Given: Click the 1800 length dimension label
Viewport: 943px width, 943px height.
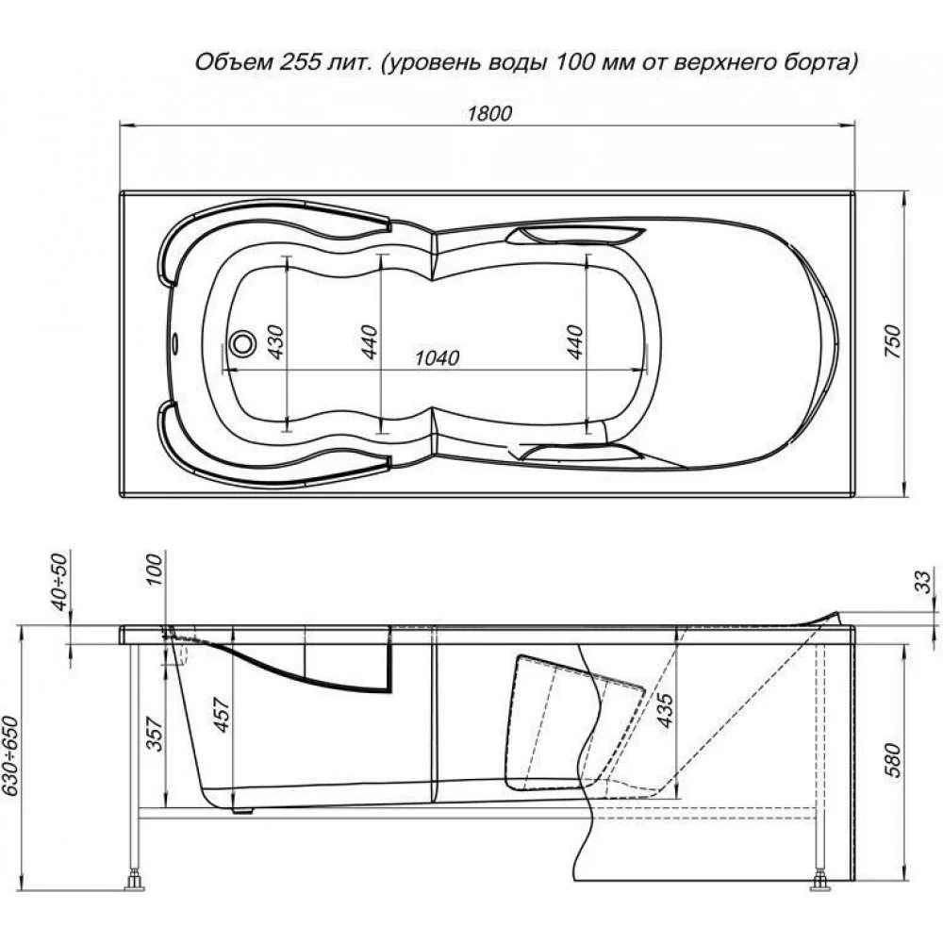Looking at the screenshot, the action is [x=489, y=113].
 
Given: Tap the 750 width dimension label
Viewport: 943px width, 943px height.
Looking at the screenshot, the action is [x=894, y=341].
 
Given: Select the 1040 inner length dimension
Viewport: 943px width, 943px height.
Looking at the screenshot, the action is [x=438, y=357].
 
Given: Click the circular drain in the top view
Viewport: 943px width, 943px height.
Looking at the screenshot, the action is [x=243, y=344].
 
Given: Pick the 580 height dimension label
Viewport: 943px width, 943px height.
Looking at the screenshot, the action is [x=894, y=760].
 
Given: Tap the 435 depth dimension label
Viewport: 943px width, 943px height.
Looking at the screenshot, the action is [x=665, y=710].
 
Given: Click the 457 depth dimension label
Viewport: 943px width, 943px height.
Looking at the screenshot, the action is [x=222, y=715].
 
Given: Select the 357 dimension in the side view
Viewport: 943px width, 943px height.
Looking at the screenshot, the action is [x=155, y=734].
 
